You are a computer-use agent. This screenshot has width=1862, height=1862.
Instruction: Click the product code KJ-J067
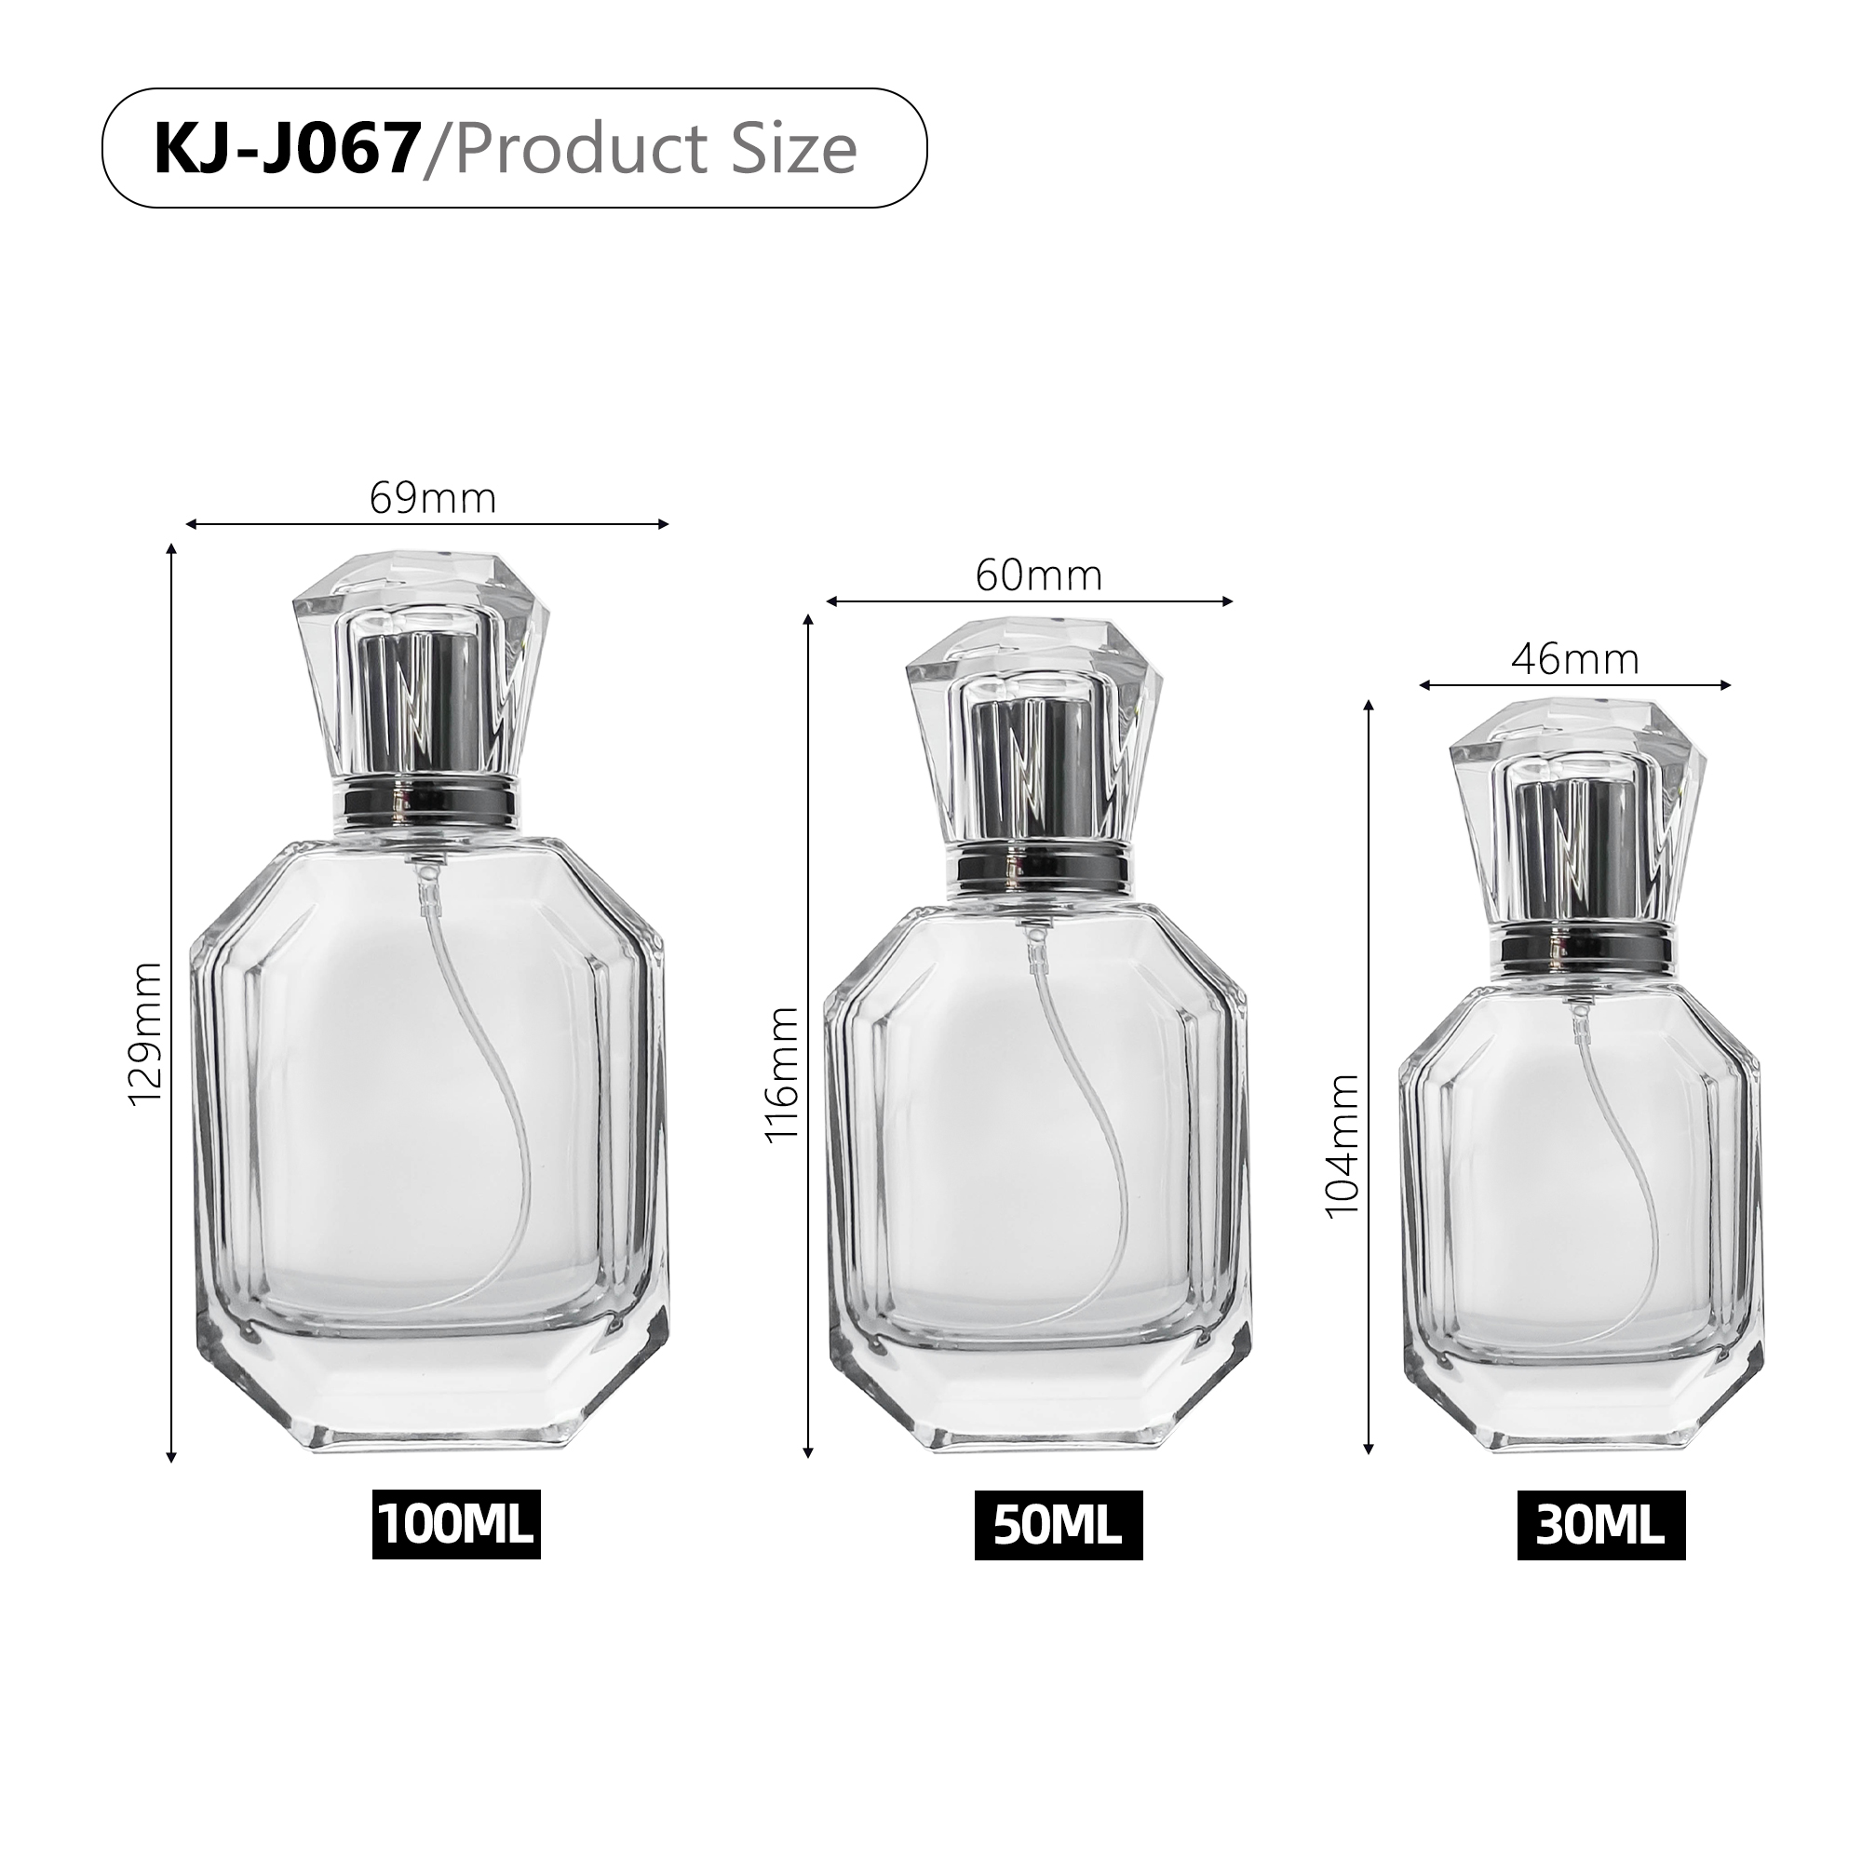286,148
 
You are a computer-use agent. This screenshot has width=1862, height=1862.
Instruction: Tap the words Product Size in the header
655,148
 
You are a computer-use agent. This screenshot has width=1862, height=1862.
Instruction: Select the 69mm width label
433,498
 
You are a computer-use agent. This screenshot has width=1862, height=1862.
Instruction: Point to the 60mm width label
1038,575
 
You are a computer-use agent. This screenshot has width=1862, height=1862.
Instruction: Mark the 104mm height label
1343,1146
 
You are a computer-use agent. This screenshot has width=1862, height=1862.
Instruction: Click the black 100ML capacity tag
456,1525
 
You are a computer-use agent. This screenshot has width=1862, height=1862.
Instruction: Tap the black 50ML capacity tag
1058,1526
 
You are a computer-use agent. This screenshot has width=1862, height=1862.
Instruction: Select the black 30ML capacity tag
1600,1526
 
